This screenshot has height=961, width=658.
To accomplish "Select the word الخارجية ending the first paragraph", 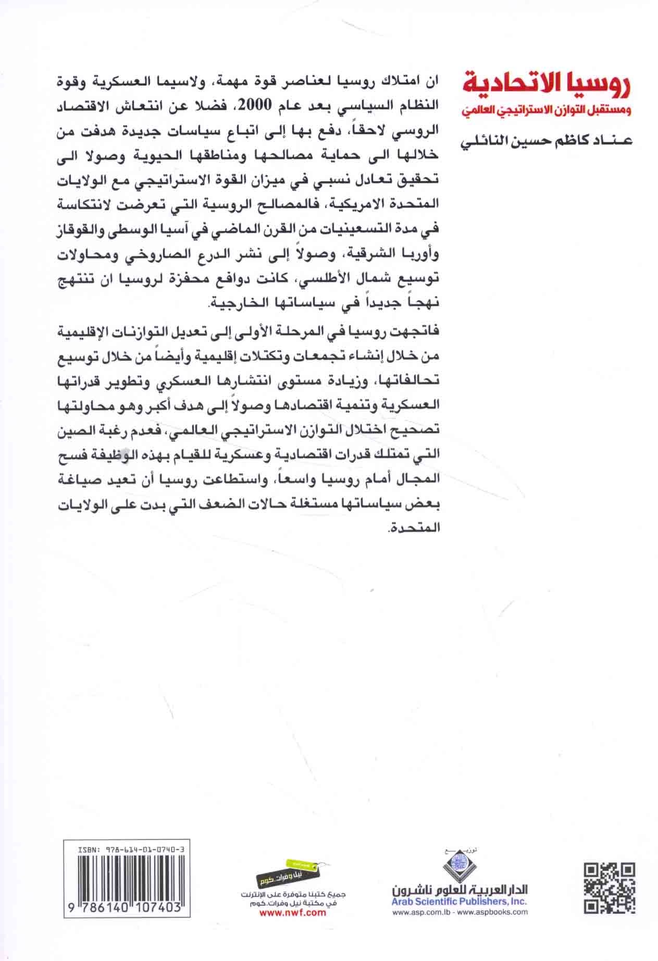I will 233,303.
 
